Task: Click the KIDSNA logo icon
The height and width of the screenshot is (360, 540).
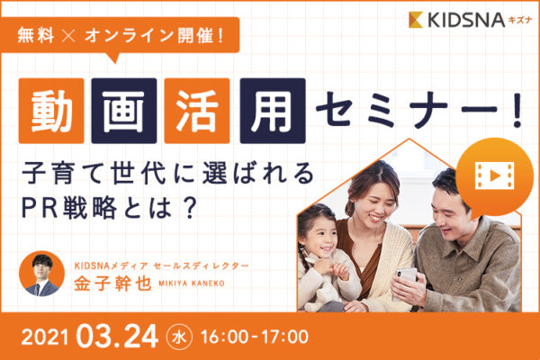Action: tap(416, 20)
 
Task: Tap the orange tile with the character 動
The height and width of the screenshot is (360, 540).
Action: tap(51, 111)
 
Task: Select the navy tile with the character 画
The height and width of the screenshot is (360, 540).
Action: tap(124, 111)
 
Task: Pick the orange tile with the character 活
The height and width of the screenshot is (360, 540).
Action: tap(197, 111)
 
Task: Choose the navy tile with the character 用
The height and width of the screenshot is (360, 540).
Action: tap(273, 111)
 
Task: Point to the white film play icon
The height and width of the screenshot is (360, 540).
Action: tap(494, 175)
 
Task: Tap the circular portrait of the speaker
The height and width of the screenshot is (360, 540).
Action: tap(41, 274)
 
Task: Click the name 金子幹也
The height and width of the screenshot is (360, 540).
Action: tap(112, 283)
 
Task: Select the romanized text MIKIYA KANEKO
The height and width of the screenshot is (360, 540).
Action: tap(192, 283)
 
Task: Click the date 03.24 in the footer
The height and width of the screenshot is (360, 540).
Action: tap(117, 337)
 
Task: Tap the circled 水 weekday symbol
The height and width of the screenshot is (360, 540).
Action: tap(179, 337)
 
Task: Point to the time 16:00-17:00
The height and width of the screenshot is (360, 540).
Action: tap(255, 337)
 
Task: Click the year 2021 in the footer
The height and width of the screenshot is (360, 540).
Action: tap(45, 337)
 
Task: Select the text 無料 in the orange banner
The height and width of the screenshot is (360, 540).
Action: tap(36, 35)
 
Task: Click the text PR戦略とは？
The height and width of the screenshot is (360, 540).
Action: tap(109, 208)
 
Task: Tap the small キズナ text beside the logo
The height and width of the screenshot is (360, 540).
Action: tap(520, 21)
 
